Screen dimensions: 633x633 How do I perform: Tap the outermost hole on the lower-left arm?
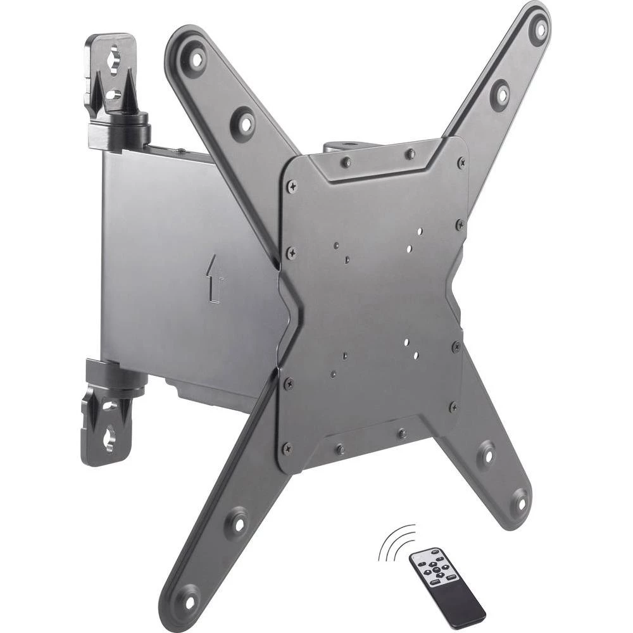[187, 595]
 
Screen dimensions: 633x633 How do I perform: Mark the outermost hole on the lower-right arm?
[519, 501]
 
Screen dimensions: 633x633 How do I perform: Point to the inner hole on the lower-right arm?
[486, 453]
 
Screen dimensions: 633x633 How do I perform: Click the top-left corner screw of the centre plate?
[291, 187]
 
